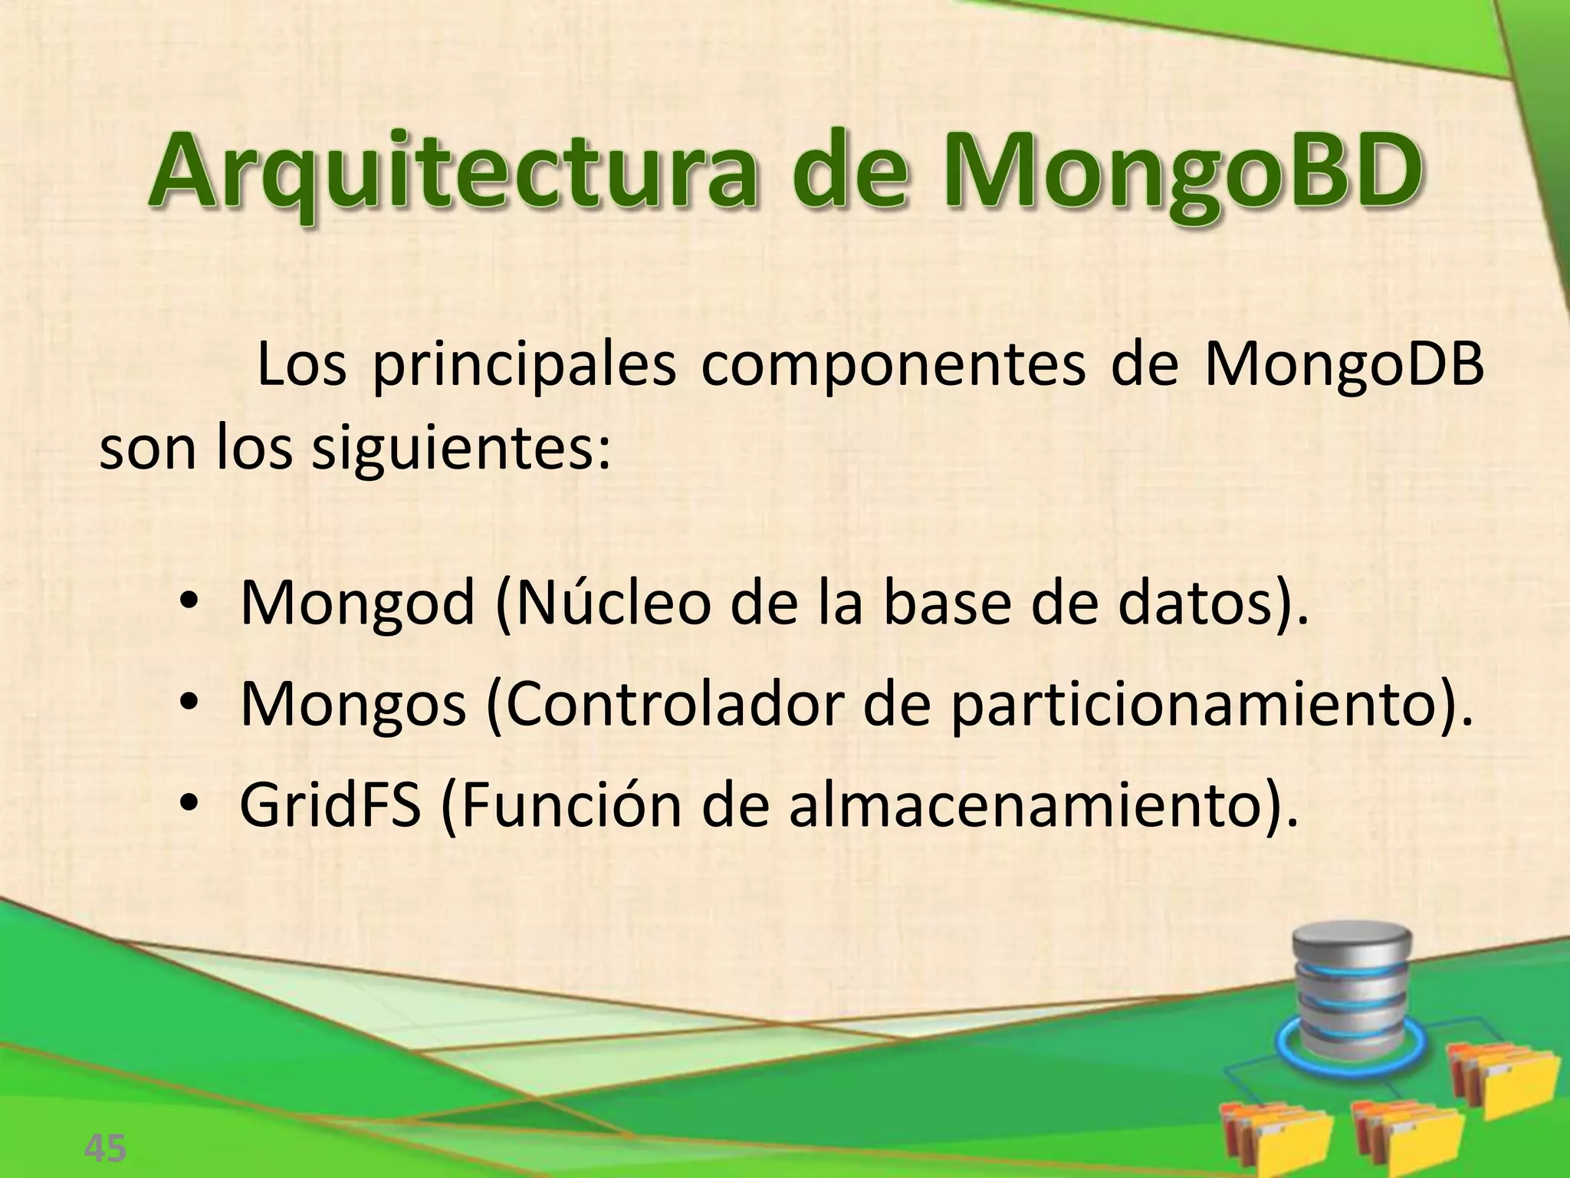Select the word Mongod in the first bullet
(x=357, y=604)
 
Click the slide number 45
(x=105, y=1148)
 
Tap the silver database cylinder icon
(x=1350, y=989)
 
